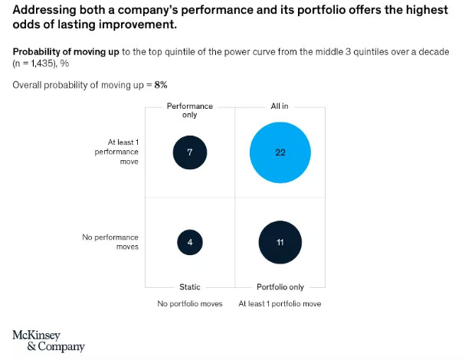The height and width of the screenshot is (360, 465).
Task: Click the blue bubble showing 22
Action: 280,152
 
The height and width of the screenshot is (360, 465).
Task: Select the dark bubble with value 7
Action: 189,152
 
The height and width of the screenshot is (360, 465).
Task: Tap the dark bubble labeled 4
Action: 189,243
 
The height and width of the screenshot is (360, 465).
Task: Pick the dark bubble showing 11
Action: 280,242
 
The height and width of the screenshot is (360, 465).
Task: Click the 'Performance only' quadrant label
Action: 189,110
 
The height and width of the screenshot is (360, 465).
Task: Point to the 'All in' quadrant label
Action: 280,106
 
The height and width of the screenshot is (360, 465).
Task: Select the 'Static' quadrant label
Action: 189,287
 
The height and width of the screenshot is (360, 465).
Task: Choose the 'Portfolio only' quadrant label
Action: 280,287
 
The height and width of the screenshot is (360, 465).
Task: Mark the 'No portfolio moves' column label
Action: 189,304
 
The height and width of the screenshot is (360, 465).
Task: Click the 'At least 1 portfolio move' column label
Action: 280,304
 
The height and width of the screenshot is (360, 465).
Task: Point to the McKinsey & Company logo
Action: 48,341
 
